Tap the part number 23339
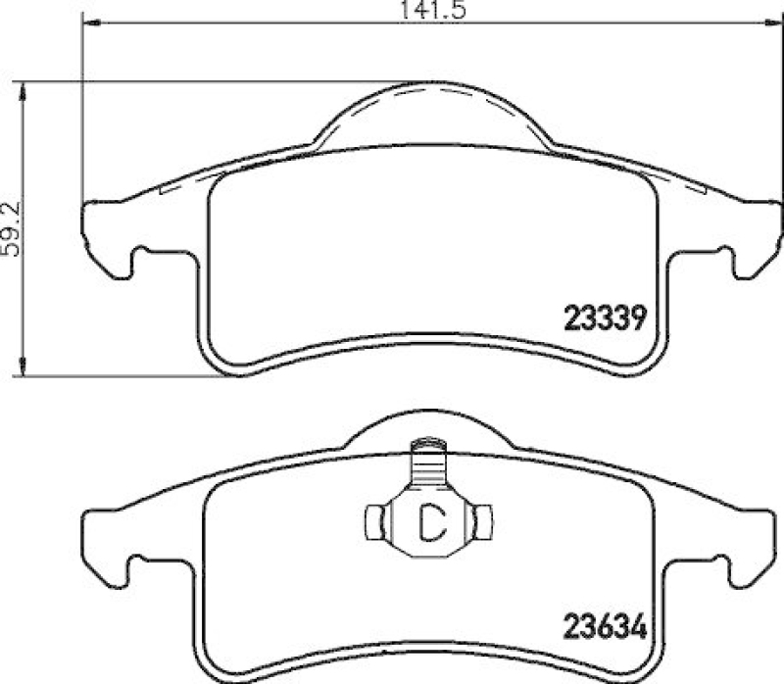click(604, 318)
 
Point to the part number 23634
click(604, 624)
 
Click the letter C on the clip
click(429, 521)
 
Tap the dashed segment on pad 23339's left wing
click(186, 183)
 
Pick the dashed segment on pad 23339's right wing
click(676, 183)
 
